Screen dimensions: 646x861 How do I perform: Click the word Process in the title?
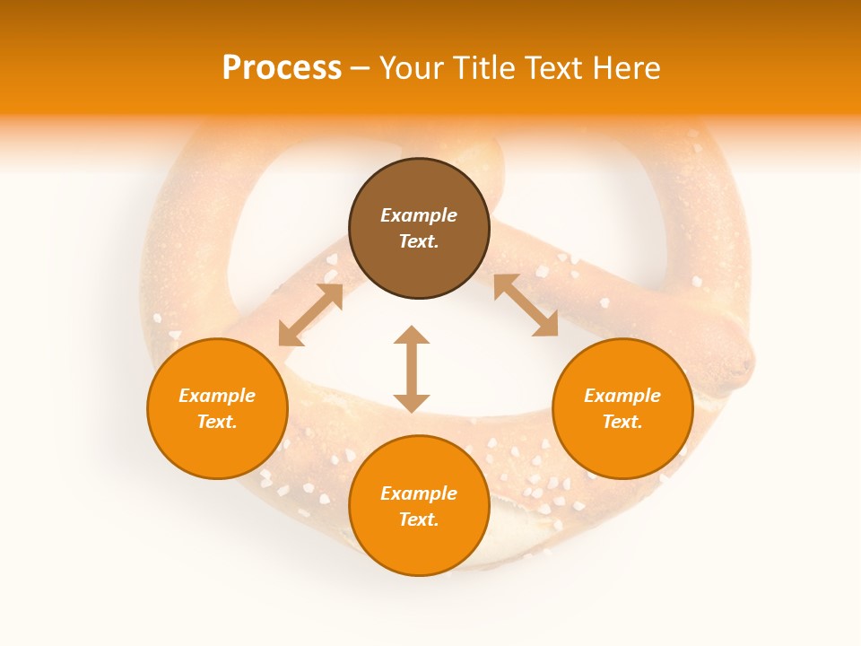pyautogui.click(x=282, y=68)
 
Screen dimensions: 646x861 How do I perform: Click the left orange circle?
pyautogui.click(x=217, y=408)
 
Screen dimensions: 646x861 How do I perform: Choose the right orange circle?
pyautogui.click(x=622, y=408)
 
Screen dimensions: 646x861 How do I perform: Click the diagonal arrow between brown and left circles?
pyautogui.click(x=310, y=315)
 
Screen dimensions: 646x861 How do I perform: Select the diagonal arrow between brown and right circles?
pyautogui.click(x=526, y=306)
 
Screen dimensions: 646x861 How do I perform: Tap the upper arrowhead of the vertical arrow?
pyautogui.click(x=412, y=337)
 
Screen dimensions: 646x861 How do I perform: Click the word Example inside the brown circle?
pyautogui.click(x=419, y=215)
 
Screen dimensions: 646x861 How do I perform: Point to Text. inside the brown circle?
pyautogui.click(x=419, y=241)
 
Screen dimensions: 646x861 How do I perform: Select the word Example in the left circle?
pyautogui.click(x=217, y=396)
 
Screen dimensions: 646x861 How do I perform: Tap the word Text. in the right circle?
pyautogui.click(x=622, y=422)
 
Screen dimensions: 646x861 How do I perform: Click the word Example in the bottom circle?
pyautogui.click(x=419, y=493)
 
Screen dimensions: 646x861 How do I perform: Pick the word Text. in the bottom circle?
pyautogui.click(x=419, y=519)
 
